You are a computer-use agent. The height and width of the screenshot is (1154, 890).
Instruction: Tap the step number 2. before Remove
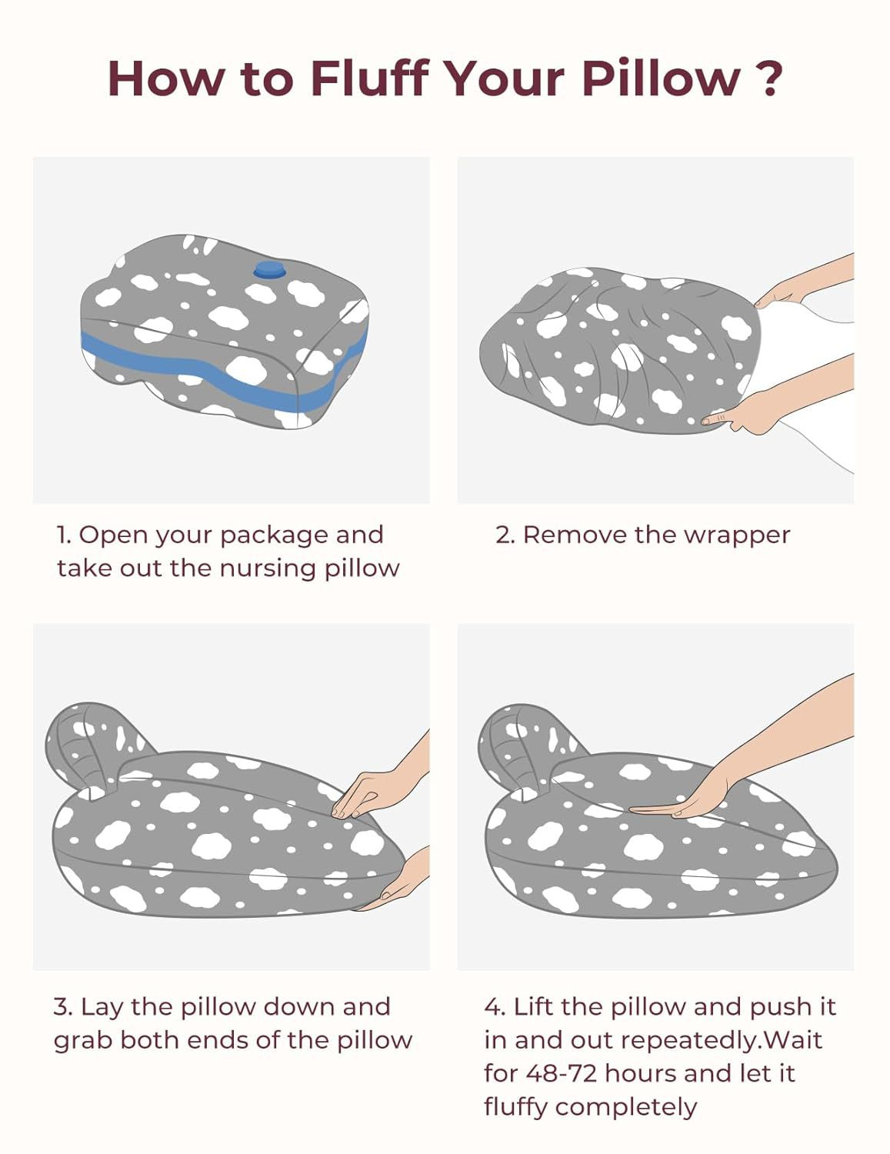point(505,535)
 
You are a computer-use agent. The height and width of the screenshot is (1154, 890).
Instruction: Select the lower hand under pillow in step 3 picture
point(404,881)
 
